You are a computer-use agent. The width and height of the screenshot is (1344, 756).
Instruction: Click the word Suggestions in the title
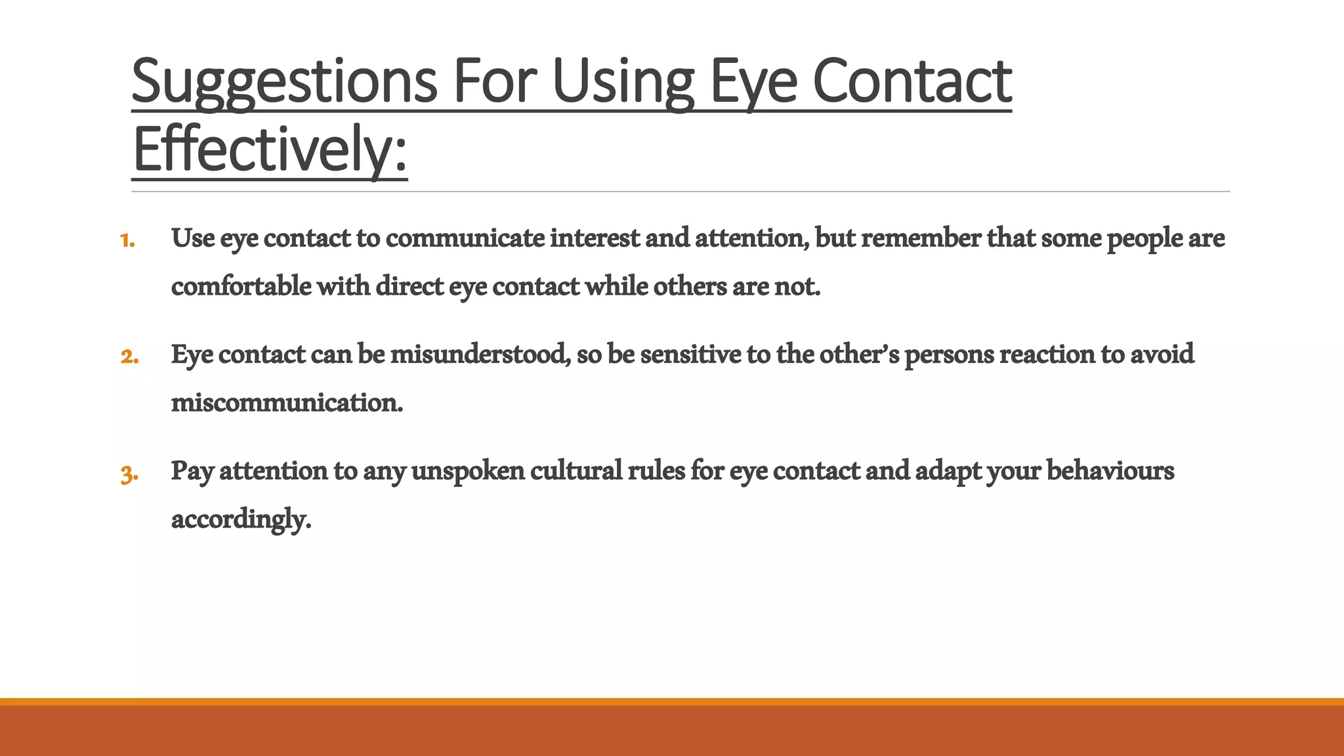pos(283,82)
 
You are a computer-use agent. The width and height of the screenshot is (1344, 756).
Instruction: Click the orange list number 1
pos(127,240)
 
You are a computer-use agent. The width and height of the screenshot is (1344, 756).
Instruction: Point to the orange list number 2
pos(129,356)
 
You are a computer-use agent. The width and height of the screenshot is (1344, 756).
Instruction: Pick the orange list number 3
pos(129,473)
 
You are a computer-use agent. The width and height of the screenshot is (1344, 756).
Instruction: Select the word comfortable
pos(241,286)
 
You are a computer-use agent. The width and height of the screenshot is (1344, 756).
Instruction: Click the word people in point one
pos(1144,239)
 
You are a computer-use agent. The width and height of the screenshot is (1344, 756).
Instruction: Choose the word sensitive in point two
pos(690,354)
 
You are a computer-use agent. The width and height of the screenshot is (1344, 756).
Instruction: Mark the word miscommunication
pos(287,402)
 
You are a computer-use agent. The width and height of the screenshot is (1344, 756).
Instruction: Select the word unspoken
pos(468,471)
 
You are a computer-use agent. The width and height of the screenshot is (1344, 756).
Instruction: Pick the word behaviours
pos(1110,471)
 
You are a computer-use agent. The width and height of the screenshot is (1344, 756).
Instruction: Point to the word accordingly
pos(240,520)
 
